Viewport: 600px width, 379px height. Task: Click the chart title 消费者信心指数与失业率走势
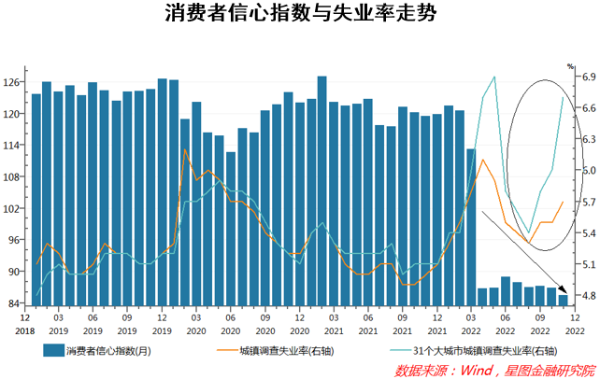click(299, 16)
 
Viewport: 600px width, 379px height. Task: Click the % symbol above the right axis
click(571, 66)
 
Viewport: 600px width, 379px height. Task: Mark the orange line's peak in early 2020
click(185, 149)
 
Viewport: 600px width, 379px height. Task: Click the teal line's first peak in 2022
click(493, 77)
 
